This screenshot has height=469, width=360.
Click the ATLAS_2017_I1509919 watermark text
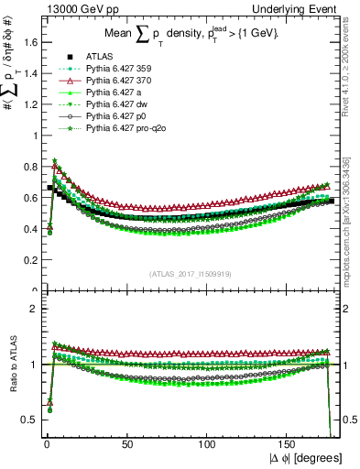point(190,272)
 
